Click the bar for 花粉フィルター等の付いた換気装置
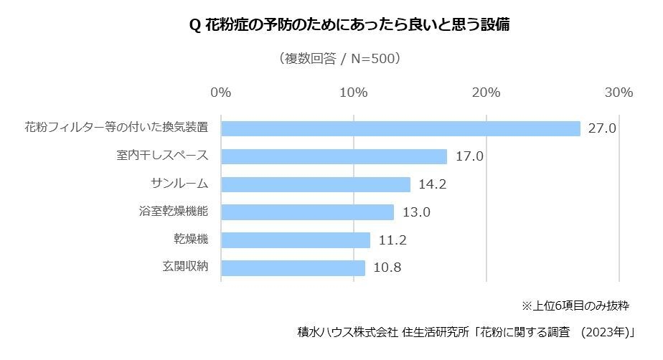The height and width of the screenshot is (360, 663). pos(400,128)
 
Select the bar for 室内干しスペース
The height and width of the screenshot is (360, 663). pos(334,156)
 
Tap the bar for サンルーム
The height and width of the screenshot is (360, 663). pos(316,184)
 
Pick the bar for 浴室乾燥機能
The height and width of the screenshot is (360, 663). pos(307,212)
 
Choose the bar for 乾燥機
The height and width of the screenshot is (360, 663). pos(296,240)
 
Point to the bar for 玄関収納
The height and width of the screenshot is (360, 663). pos(293,268)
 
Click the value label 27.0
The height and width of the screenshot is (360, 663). pos(602,129)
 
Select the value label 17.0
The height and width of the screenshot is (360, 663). pos(469,157)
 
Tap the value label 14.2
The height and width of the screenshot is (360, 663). pos(433,185)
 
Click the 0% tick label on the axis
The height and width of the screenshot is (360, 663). pos(221,93)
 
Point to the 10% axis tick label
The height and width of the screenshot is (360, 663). pos(354,93)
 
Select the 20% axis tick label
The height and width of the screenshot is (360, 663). pos(486,93)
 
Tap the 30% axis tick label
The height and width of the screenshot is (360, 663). pos(619,93)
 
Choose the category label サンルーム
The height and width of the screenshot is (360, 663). pos(179,184)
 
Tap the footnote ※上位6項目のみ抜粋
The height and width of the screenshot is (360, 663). pos(575,305)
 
